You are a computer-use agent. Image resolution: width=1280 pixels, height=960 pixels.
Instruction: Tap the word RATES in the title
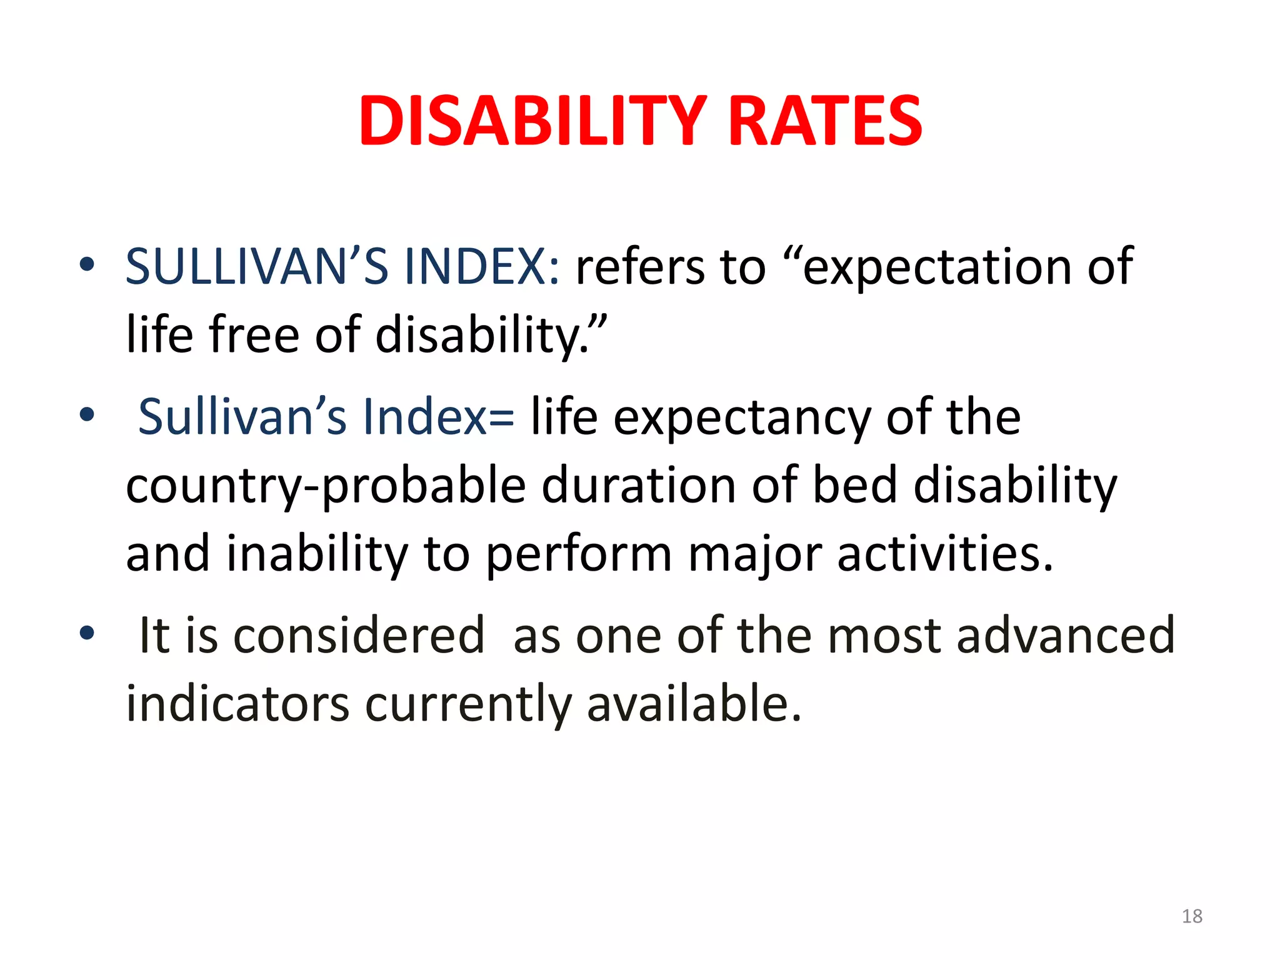pos(825,121)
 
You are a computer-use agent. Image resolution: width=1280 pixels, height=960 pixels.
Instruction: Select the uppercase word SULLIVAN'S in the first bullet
pos(257,267)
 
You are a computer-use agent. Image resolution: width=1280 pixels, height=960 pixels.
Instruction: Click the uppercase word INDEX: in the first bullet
pos(482,267)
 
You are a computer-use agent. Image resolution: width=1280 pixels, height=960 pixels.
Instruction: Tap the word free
pos(254,334)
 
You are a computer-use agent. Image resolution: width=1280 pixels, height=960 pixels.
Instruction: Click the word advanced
pos(1066,636)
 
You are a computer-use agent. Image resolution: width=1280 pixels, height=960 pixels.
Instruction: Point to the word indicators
pos(237,704)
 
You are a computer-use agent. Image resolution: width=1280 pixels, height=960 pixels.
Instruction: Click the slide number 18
pos(1192,916)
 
